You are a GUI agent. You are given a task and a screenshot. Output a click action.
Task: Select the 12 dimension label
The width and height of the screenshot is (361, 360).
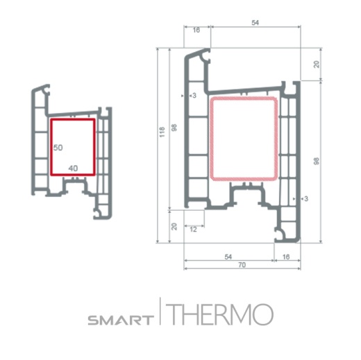coord(192,228)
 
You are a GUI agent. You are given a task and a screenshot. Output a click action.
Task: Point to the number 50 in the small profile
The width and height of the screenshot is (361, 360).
coord(58,148)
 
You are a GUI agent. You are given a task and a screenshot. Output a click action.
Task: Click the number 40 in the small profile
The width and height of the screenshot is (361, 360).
coord(73,168)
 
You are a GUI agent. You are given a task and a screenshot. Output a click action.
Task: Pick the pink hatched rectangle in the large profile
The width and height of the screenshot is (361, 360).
coord(244,139)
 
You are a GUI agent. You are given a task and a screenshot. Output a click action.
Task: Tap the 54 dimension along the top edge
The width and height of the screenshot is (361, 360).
coord(254,23)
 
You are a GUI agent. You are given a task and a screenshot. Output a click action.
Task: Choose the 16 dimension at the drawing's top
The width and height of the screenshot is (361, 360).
coord(196,31)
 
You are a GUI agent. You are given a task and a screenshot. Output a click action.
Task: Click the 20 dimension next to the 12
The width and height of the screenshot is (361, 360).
coord(174,226)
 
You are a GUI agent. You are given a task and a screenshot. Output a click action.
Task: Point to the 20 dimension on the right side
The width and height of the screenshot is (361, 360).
coord(317,64)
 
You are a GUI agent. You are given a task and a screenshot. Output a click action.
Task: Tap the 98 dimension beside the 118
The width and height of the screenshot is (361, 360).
coord(174,127)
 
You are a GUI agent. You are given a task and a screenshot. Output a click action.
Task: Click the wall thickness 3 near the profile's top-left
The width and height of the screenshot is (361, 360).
coord(194,96)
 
